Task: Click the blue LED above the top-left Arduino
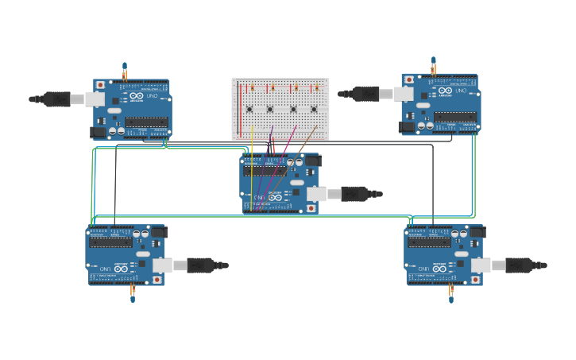[125, 65]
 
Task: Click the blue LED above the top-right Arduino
[434, 60]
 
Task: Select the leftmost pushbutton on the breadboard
[249, 109]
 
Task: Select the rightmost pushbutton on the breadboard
[314, 109]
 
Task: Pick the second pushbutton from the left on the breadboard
[270, 109]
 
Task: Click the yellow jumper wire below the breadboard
[252, 171]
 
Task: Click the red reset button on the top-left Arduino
[100, 84]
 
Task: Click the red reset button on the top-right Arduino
[409, 79]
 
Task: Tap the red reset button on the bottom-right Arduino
[477, 279]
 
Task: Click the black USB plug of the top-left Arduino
[56, 99]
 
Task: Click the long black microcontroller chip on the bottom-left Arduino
[111, 242]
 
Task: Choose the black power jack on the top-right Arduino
[406, 126]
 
